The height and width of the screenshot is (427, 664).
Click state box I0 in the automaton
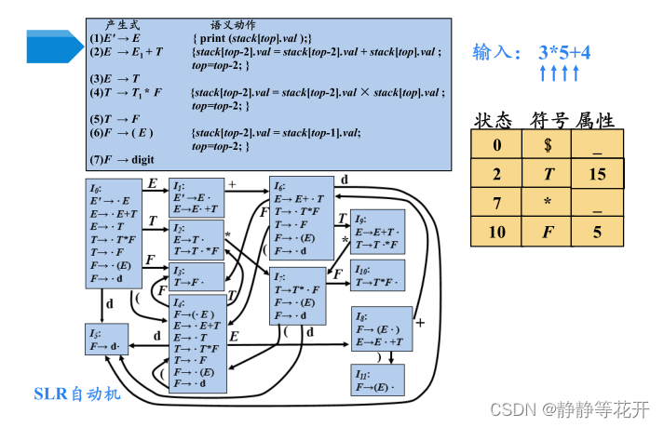point(114,234)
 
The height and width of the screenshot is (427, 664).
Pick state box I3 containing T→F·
point(197,276)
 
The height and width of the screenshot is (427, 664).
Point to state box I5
point(105,340)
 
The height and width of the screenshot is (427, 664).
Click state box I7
point(303,296)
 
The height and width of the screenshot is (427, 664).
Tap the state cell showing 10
point(497,232)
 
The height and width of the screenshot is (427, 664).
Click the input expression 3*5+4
point(564,52)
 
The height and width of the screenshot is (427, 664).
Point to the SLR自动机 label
point(77,394)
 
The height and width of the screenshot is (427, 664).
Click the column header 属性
point(595,120)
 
